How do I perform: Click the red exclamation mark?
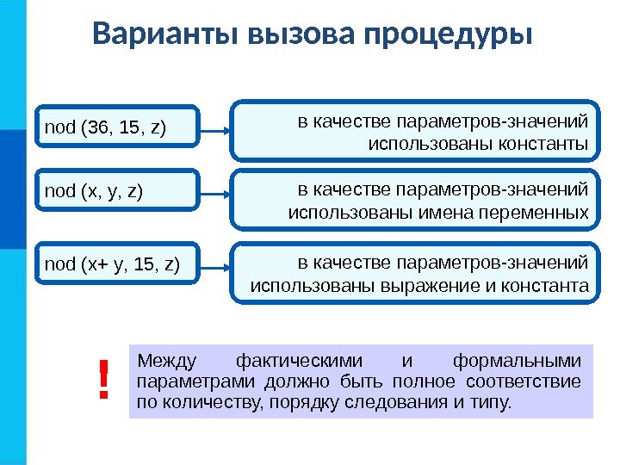point(104,381)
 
